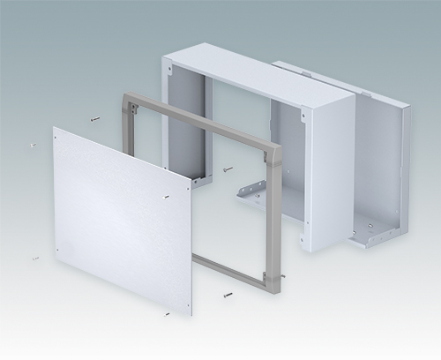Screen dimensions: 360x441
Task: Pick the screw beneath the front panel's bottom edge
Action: (x=166, y=312)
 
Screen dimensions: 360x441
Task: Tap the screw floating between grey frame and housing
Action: (x=228, y=168)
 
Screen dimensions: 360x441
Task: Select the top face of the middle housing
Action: (x=256, y=76)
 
